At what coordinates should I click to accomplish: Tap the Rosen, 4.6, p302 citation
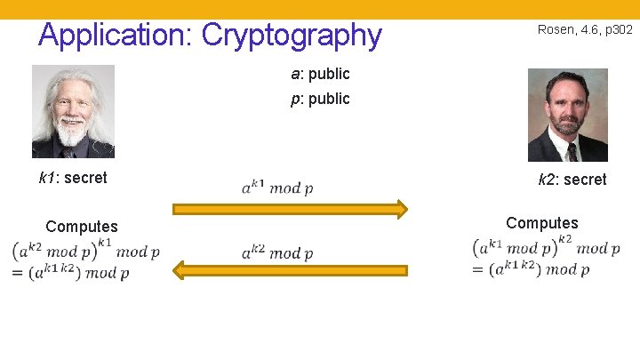click(x=585, y=29)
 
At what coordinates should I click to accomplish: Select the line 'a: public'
click(x=320, y=74)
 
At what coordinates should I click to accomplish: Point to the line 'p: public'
click(x=320, y=99)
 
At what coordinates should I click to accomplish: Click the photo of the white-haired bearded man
click(x=73, y=111)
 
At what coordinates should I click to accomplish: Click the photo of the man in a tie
click(x=567, y=115)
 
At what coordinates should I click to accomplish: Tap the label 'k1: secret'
click(x=73, y=178)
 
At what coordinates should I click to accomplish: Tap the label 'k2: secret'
click(x=572, y=180)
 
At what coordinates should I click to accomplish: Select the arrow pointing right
click(x=290, y=210)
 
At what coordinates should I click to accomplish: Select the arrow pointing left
click(x=290, y=268)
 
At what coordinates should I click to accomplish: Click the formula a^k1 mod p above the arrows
click(x=276, y=187)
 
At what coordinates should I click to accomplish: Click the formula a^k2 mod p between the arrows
click(x=276, y=253)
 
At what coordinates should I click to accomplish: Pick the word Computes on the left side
click(x=81, y=227)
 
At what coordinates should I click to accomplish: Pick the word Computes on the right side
click(x=541, y=223)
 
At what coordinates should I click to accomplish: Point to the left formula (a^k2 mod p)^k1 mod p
click(x=86, y=250)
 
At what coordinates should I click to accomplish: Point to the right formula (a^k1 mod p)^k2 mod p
click(x=547, y=246)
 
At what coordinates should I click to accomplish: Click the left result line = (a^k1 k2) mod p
click(x=71, y=273)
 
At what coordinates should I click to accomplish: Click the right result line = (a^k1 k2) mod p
click(x=532, y=269)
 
